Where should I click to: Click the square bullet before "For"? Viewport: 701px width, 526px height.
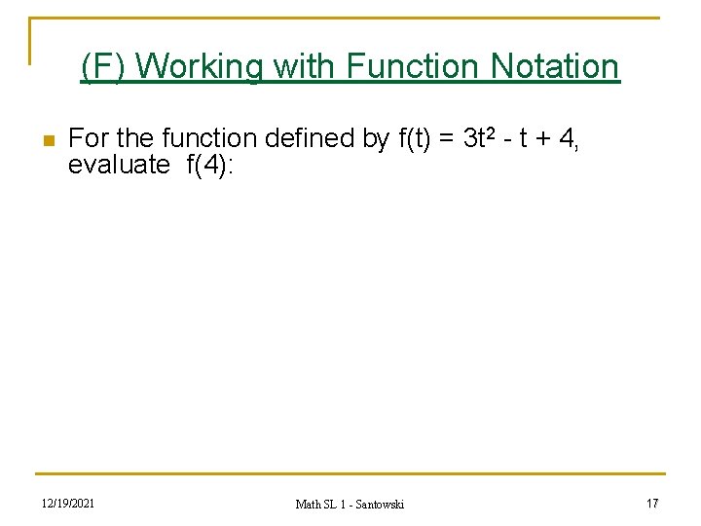pos(47,141)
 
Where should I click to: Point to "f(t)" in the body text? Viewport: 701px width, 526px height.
pos(415,139)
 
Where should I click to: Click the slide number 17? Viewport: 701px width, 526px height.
pos(651,503)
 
